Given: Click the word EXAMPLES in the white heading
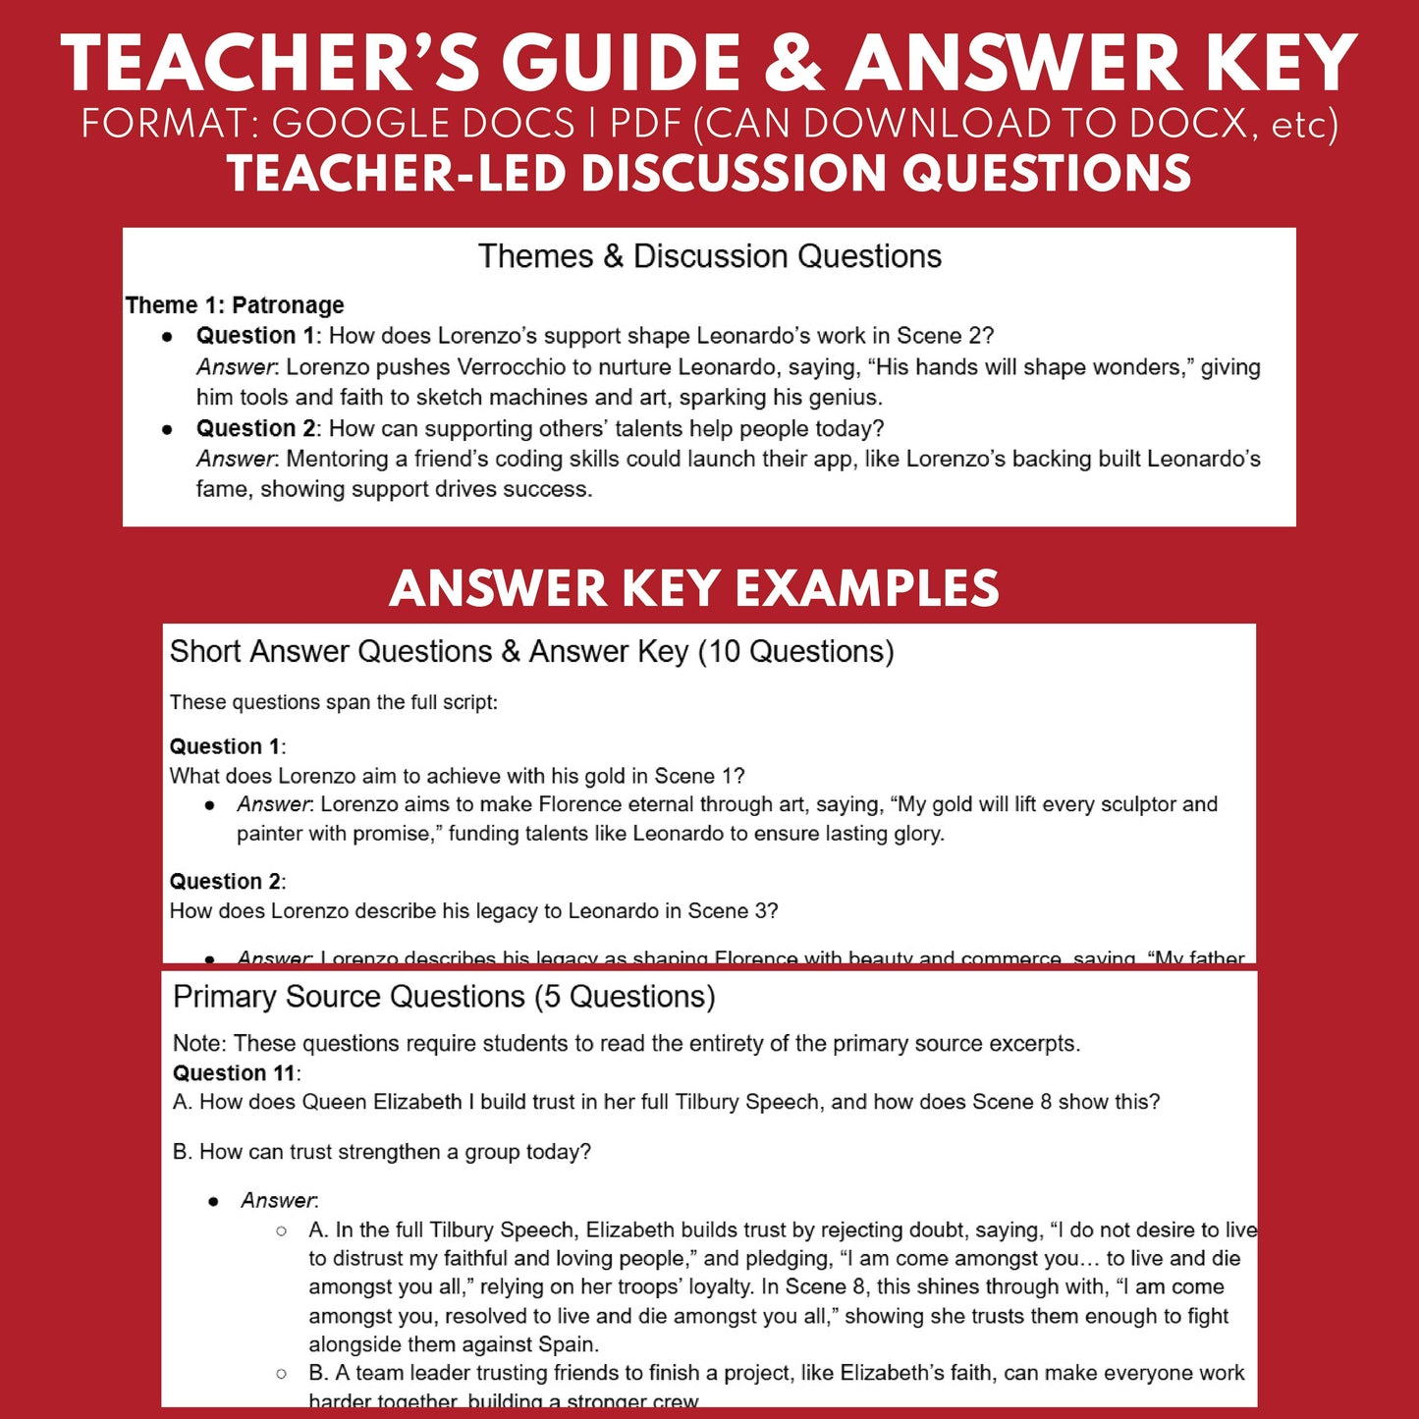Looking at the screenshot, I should [x=867, y=588].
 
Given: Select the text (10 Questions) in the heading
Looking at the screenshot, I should [x=796, y=651].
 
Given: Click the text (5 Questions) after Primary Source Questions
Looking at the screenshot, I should [x=625, y=997].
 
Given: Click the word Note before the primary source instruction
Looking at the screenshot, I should [x=198, y=1043].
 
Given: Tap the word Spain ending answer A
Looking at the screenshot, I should [x=567, y=1344].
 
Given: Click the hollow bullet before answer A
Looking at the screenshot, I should [x=282, y=1230].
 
